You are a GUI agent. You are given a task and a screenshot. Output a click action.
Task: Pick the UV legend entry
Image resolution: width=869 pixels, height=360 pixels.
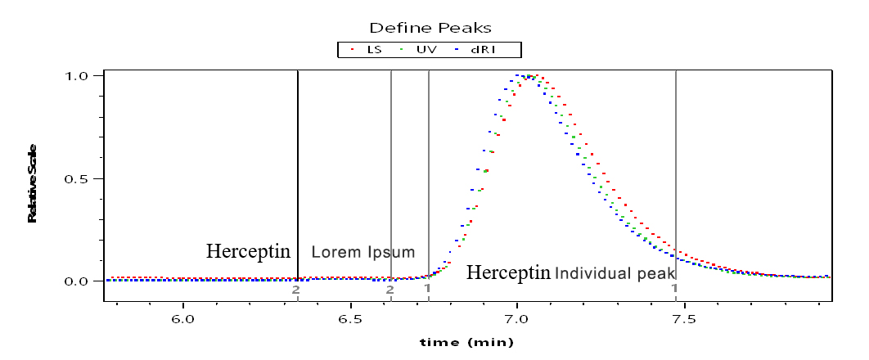click(417, 50)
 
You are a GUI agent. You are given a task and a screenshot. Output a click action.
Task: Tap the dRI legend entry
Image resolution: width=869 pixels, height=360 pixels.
click(476, 50)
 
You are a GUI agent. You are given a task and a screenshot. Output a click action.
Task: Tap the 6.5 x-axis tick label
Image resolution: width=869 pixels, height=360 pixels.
click(350, 320)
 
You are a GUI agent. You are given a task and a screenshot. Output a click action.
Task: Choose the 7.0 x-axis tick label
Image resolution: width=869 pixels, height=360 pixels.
click(517, 320)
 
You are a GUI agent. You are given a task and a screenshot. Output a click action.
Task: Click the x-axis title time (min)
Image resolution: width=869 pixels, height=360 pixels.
click(466, 343)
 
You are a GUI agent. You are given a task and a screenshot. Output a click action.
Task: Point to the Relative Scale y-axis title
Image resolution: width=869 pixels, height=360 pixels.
click(32, 183)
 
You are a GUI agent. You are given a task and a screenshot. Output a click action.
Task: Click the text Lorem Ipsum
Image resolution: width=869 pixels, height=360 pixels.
click(363, 253)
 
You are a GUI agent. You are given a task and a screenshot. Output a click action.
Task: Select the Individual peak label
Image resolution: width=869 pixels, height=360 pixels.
click(614, 273)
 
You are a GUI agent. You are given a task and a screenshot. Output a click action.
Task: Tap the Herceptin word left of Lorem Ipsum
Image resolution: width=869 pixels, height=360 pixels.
click(248, 251)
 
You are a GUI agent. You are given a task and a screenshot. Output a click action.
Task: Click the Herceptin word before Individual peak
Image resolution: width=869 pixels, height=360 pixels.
click(509, 272)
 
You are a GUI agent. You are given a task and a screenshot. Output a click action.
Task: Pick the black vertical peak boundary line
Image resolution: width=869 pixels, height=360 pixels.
click(298, 176)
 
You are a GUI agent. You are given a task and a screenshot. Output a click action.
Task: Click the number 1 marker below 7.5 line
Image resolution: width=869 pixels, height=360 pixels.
click(674, 288)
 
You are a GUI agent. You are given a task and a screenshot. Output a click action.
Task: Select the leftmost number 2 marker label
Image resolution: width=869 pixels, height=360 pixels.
click(295, 289)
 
